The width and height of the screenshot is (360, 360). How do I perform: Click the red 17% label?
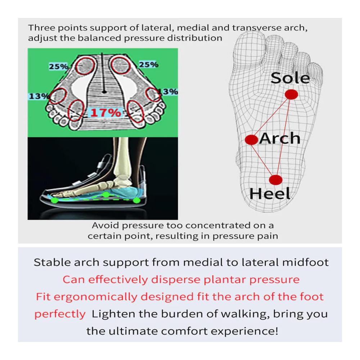(x=105, y=113)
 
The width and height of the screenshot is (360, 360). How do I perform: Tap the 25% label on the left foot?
(x=58, y=67)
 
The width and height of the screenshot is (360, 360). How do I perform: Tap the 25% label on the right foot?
(x=149, y=64)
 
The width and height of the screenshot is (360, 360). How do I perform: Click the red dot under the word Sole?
(x=291, y=94)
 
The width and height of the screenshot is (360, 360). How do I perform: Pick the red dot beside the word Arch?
(x=251, y=140)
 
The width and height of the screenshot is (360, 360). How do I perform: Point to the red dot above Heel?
(x=275, y=180)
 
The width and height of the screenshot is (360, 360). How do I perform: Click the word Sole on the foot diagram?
(x=290, y=78)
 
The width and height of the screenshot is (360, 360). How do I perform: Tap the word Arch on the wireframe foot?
(x=280, y=138)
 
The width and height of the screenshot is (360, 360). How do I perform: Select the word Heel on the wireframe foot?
(x=270, y=194)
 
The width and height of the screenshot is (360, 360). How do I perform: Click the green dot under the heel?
(x=136, y=201)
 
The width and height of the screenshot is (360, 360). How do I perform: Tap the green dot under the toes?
(x=54, y=200)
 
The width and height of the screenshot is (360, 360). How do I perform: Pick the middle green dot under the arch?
(x=105, y=195)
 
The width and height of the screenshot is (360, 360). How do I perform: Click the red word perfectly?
(x=60, y=314)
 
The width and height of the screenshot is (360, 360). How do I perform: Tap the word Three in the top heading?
(x=41, y=28)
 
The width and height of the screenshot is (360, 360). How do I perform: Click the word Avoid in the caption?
(x=105, y=225)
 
